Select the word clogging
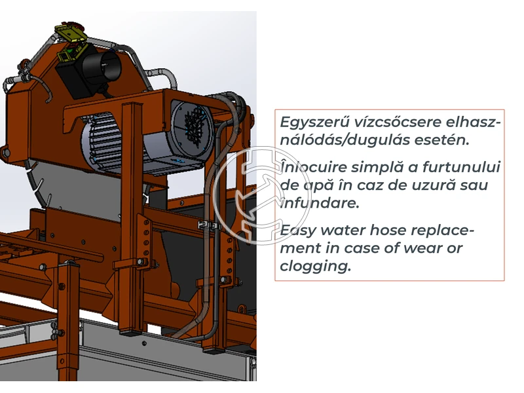tap(315, 266)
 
